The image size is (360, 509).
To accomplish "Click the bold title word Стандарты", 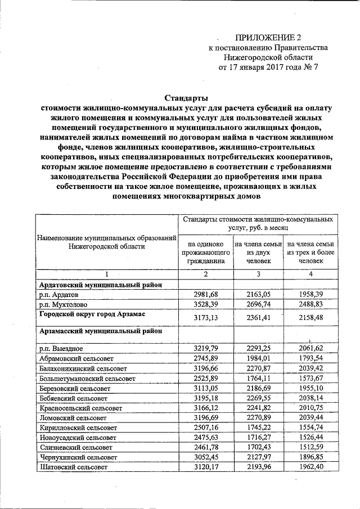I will pos(186,98).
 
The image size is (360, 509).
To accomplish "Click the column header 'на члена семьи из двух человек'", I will pos(258,253).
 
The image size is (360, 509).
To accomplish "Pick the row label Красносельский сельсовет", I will pos(81,408).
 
